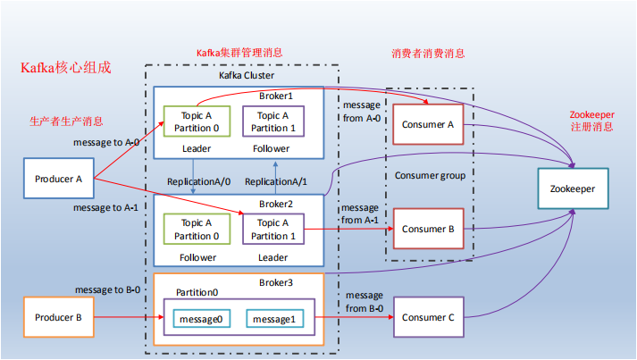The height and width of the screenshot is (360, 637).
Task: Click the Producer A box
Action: click(58, 179)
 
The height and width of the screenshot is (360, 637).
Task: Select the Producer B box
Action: click(58, 317)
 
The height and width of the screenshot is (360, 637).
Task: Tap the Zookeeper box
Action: click(573, 189)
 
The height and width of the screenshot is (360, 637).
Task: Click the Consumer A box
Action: click(428, 124)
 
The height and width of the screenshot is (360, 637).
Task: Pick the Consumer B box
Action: click(428, 229)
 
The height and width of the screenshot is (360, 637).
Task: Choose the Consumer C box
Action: click(428, 317)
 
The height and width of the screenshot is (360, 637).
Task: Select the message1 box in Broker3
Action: click(272, 319)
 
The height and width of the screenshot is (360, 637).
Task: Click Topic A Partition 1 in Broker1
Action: click(272, 121)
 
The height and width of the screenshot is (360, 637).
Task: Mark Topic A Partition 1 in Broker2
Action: click(272, 230)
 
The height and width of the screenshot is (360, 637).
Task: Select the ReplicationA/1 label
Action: click(276, 181)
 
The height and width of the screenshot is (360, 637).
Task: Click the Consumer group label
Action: click(430, 176)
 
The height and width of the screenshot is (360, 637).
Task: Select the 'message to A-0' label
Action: click(105, 142)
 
